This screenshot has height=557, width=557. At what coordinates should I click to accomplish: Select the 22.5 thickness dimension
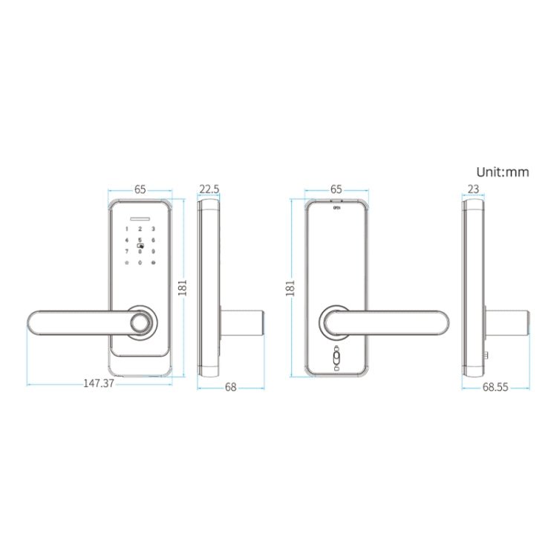point(210,189)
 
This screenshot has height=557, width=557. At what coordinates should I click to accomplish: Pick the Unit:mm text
point(503,172)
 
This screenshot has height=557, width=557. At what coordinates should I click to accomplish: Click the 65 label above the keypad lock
point(140,189)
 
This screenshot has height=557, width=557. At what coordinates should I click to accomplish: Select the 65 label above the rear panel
point(335,189)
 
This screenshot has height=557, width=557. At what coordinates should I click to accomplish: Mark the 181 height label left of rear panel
point(290,287)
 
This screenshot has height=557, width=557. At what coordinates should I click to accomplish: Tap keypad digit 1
point(127,229)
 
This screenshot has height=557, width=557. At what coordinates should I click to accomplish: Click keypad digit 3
point(152,229)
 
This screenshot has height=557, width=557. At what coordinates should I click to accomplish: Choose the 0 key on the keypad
point(140,263)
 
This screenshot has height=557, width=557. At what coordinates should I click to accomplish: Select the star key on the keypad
point(127,263)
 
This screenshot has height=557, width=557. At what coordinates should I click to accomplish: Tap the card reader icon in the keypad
point(140,246)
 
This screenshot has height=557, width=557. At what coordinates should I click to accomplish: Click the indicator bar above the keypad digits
point(140,219)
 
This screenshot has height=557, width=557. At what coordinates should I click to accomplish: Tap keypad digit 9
point(152,252)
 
